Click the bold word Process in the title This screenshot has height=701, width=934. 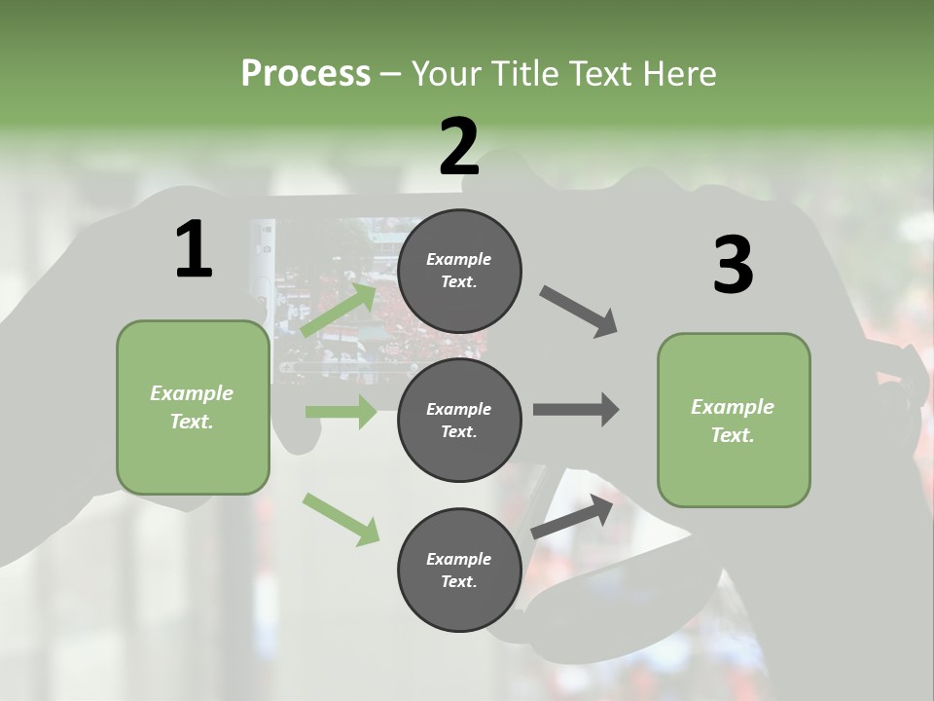coord(305,73)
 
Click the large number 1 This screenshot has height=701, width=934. coord(194,250)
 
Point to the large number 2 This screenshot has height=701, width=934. coord(459,147)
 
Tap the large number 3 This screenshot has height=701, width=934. coord(733,266)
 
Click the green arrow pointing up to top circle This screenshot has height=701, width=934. coord(340,310)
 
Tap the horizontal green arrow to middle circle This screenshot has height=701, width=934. coord(341,412)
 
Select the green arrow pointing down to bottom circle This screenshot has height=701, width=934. coord(341,518)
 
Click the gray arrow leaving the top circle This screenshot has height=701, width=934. coord(578,312)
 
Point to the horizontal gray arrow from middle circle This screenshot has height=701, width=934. coord(576,410)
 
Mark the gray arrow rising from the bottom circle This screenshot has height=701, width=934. coord(573,515)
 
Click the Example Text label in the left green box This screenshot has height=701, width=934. coord(192,407)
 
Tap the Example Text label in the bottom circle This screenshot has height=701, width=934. coord(458,571)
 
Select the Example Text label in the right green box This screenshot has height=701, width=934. coord(733,421)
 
